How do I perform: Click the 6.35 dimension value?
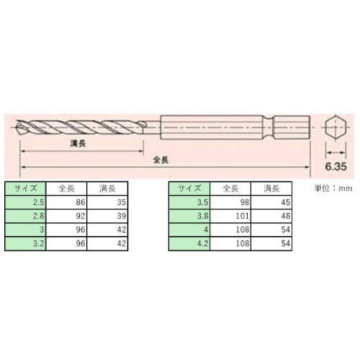click(x=336, y=166)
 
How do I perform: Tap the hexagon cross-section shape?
click(x=336, y=127)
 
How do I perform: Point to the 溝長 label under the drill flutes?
click(x=78, y=143)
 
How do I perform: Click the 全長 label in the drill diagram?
click(x=161, y=160)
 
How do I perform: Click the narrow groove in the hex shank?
click(x=269, y=127)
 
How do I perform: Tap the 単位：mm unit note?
click(x=333, y=189)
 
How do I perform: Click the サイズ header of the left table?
click(x=25, y=189)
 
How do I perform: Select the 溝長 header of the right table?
click(x=271, y=189)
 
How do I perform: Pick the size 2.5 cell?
click(x=25, y=202)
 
